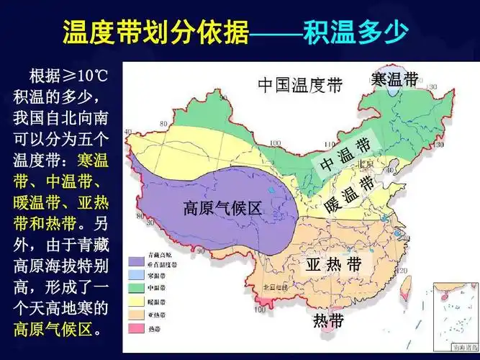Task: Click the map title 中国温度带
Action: pyautogui.click(x=302, y=86)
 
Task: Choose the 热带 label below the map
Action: pyautogui.click(x=328, y=321)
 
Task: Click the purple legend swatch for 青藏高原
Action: pyautogui.click(x=135, y=256)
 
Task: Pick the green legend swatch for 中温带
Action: pyautogui.click(x=135, y=288)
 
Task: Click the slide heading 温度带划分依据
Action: pyautogui.click(x=155, y=33)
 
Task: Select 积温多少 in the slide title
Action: pyautogui.click(x=356, y=33)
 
